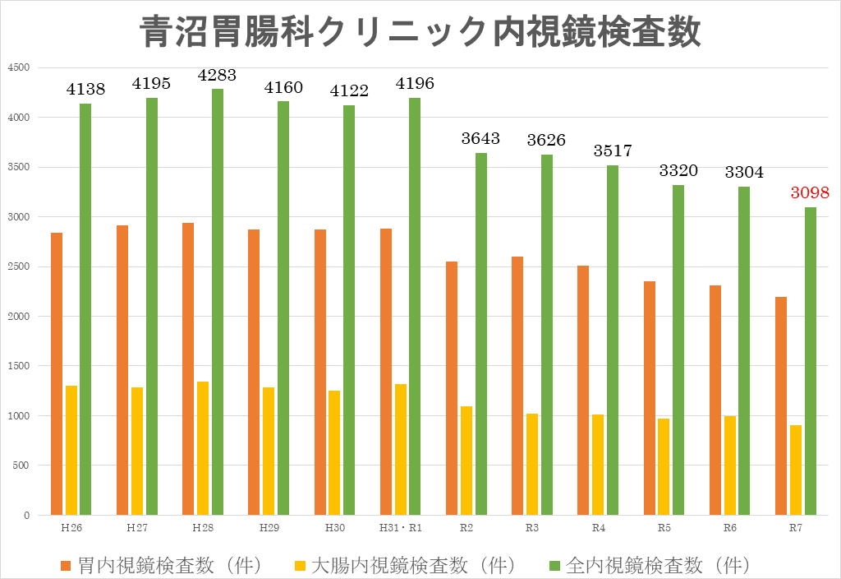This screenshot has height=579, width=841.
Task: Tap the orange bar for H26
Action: point(57,373)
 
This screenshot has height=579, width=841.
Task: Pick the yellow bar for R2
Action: point(466,461)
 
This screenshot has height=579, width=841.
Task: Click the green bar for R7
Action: point(811,361)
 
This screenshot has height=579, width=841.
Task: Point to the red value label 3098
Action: point(810,193)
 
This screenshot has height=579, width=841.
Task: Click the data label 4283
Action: point(217,75)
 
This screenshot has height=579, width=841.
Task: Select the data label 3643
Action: point(480,138)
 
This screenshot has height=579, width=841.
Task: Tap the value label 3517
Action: point(612,151)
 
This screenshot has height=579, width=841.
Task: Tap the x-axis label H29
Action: point(269,527)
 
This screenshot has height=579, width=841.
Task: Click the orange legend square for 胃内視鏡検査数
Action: point(67,566)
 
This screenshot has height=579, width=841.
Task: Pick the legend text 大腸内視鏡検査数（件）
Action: point(406,566)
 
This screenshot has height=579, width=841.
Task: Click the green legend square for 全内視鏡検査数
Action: point(554,566)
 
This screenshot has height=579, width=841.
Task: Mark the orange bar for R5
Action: point(650,398)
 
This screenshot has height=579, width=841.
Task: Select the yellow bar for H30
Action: point(334,452)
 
